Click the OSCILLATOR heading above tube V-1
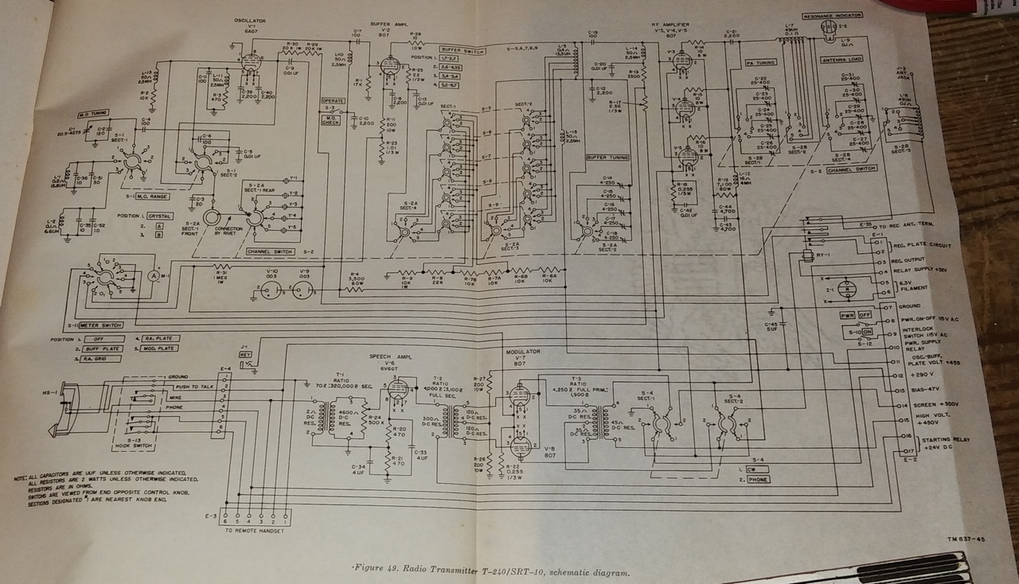pos(250,19)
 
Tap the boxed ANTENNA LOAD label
pos(842,60)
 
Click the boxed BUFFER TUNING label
pos(607,158)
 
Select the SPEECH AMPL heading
pos(388,357)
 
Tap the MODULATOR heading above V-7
pos(523,351)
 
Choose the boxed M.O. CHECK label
pos(330,119)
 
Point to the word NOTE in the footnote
pos(20,477)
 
